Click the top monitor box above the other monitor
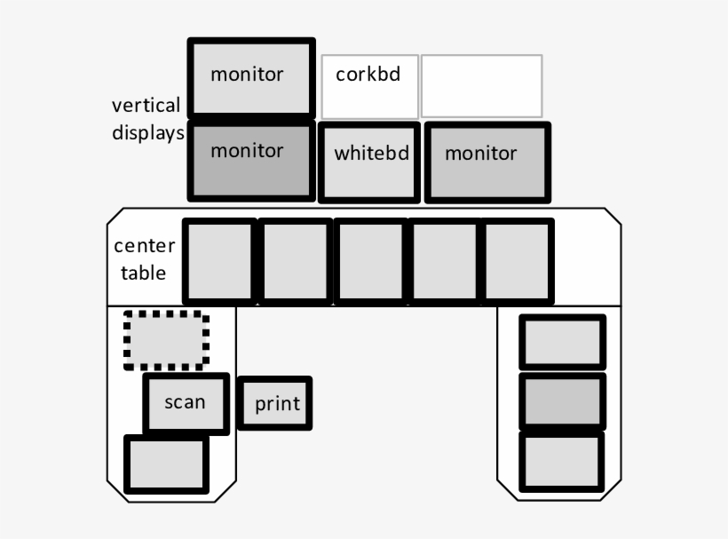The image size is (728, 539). click(x=252, y=77)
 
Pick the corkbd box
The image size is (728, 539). click(x=369, y=86)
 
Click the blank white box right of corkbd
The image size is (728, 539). click(x=481, y=86)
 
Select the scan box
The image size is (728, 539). click(x=186, y=403)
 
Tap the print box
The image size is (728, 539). click(x=275, y=404)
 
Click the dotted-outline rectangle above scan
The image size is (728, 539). click(x=166, y=340)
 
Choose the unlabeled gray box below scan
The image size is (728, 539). click(x=166, y=464)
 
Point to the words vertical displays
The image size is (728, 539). click(x=146, y=119)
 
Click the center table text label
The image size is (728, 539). click(x=144, y=259)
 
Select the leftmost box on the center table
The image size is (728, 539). click(x=219, y=262)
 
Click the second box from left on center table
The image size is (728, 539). click(x=296, y=262)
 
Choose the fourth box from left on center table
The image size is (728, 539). click(x=444, y=262)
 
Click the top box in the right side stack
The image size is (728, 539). click(x=562, y=342)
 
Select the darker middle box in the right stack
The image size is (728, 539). click(x=562, y=401)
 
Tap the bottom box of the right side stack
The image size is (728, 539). click(x=562, y=461)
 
